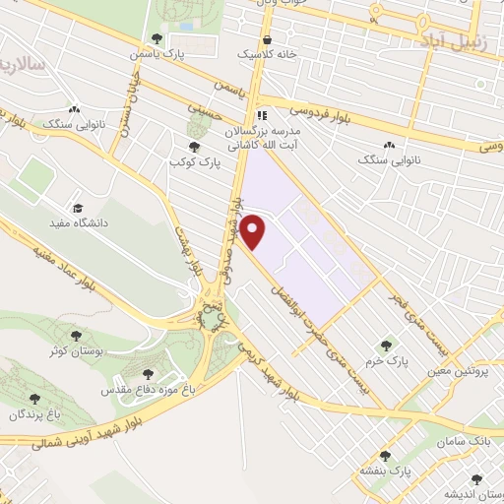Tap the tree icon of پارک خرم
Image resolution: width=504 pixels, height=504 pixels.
click(x=386, y=346)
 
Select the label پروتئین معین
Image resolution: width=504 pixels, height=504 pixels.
click(x=465, y=372)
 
